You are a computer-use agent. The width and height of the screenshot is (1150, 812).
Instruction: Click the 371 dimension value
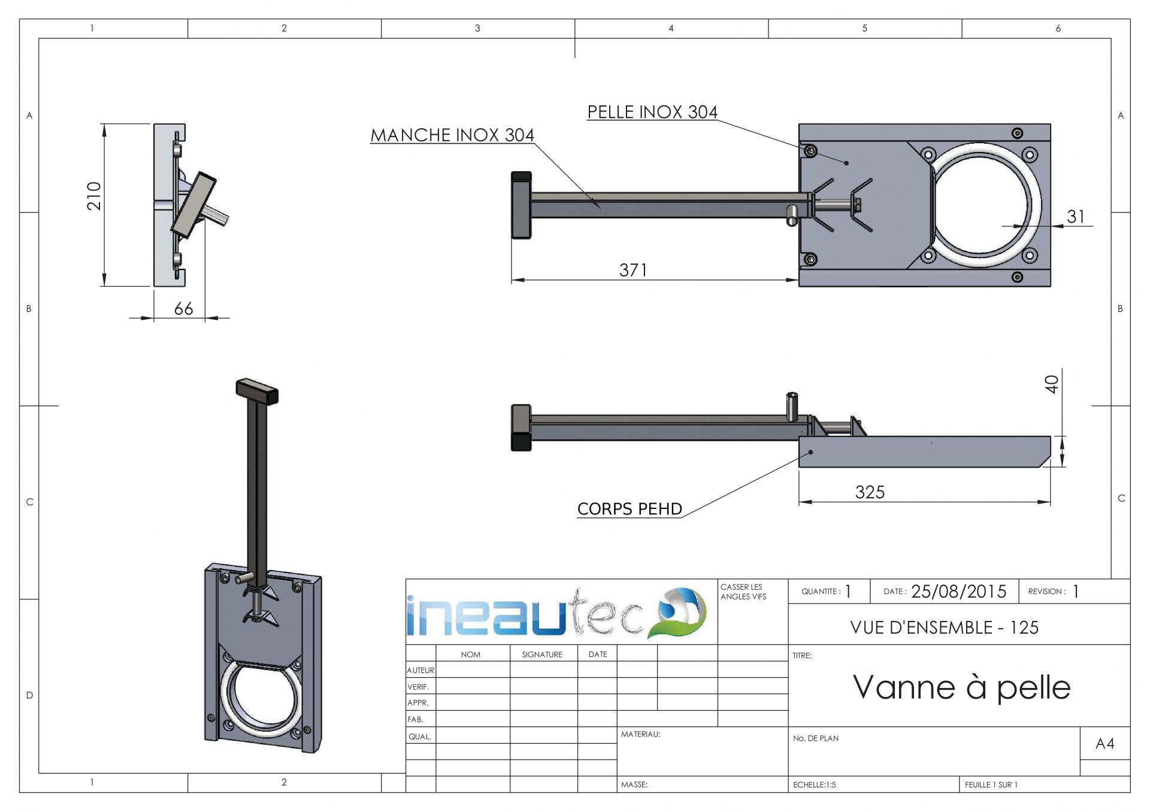[632, 270]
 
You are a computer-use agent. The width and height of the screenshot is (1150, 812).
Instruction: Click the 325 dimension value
[869, 492]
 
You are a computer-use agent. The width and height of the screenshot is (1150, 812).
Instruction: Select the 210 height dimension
[94, 196]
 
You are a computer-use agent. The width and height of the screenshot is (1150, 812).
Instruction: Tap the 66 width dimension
[183, 308]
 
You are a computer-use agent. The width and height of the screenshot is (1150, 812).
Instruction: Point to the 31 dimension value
[1076, 216]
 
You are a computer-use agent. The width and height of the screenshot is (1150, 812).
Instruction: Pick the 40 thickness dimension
[1052, 384]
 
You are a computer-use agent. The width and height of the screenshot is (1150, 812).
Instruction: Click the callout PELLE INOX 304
[652, 112]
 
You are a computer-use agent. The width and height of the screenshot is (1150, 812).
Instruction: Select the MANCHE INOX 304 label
[452, 135]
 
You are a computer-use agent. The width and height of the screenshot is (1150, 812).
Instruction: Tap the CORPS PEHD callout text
[630, 509]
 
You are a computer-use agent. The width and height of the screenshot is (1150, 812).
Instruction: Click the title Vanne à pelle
[961, 687]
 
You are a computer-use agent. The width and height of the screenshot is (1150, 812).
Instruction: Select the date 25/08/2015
[958, 592]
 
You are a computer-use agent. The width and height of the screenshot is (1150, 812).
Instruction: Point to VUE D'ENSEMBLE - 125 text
[944, 628]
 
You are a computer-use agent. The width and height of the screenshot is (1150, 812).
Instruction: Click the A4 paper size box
[1104, 744]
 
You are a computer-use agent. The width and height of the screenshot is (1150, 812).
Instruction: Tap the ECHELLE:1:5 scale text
[814, 784]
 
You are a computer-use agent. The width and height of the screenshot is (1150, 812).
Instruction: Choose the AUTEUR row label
[420, 670]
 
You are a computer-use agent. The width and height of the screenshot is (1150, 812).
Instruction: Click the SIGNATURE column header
[542, 655]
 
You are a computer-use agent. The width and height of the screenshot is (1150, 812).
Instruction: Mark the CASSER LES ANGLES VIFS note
[743, 592]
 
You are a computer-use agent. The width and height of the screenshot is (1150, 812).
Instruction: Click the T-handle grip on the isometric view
[258, 391]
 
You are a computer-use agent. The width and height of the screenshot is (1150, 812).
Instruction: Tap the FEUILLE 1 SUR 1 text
[991, 784]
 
